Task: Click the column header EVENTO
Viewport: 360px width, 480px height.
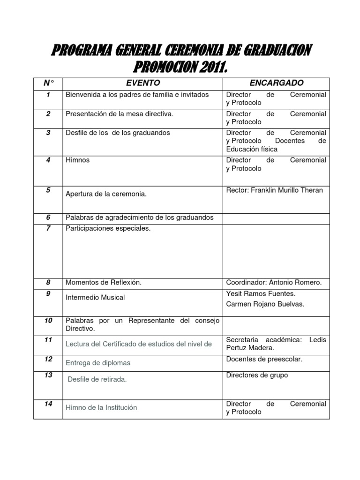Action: [x=143, y=83]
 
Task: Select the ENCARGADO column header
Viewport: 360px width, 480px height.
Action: [x=276, y=83]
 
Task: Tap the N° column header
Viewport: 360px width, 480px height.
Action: [x=48, y=83]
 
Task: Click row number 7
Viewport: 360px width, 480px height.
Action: [x=48, y=228]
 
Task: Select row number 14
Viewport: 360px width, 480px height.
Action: [x=48, y=404]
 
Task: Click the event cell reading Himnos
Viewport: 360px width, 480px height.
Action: [x=78, y=160]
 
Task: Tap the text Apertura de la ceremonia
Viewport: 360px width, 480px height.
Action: [x=106, y=194]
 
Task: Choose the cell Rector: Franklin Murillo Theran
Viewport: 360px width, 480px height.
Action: [x=274, y=190]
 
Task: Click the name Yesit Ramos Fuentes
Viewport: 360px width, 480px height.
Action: [x=261, y=294]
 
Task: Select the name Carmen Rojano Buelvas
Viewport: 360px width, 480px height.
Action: [x=265, y=304]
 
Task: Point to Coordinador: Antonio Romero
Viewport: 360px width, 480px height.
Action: [x=274, y=283]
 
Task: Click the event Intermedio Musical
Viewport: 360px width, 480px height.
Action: [x=96, y=297]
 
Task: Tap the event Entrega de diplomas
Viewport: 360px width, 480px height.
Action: [x=98, y=363]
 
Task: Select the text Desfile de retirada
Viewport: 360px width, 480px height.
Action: [x=97, y=379]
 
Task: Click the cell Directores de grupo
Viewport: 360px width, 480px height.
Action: [x=257, y=375]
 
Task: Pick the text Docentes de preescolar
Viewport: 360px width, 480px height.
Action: [x=264, y=359]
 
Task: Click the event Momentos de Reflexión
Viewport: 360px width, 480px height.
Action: [x=104, y=283]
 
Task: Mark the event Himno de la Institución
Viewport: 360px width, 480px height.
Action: [x=102, y=407]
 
